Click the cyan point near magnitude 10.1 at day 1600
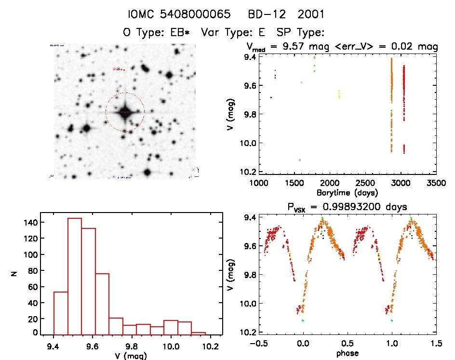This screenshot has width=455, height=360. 300,160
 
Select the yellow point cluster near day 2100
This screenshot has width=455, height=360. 339,94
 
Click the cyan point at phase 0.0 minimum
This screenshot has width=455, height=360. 303,320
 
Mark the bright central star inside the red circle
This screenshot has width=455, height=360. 125,112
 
